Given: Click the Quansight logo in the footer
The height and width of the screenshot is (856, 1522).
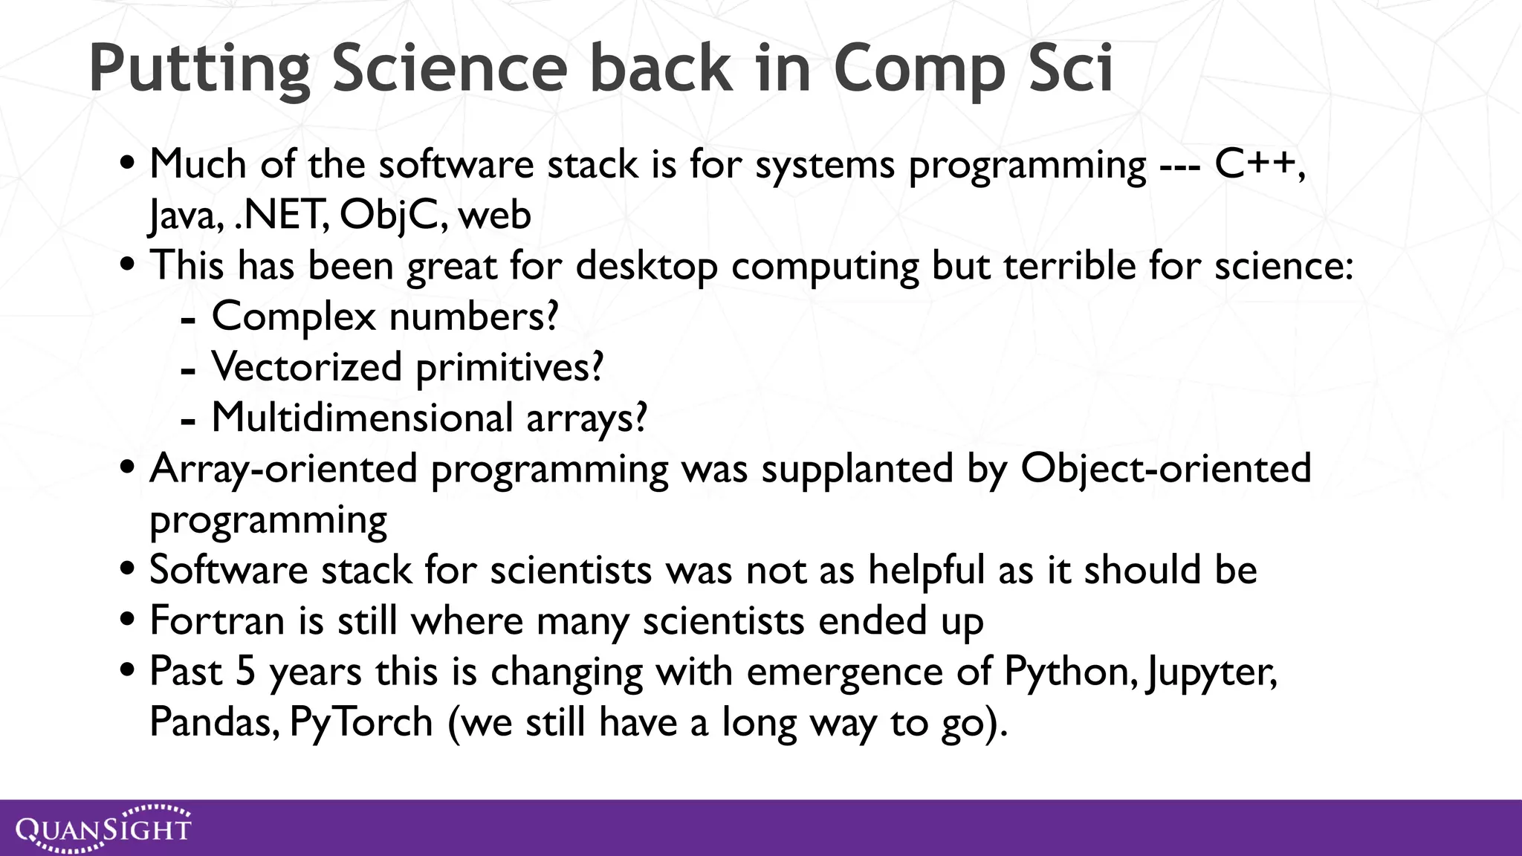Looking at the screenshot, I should (x=103, y=828).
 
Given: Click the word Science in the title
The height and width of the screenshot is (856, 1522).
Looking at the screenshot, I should (x=449, y=68).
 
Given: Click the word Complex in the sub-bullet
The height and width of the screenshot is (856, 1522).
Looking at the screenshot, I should (x=294, y=317).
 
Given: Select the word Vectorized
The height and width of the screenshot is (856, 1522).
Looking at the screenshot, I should (x=306, y=367).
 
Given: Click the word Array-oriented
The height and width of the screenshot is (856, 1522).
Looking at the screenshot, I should (x=283, y=470).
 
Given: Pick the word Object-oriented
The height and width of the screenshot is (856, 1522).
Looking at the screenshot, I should (x=1165, y=468).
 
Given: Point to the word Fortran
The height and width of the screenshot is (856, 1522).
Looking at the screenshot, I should (x=217, y=620).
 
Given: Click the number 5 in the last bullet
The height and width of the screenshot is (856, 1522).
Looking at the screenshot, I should (x=246, y=671).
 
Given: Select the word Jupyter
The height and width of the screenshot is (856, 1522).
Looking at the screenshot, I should (x=1211, y=672).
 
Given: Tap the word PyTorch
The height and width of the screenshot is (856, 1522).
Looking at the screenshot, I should (x=361, y=722).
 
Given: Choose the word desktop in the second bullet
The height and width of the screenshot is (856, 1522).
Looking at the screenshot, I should (x=647, y=267).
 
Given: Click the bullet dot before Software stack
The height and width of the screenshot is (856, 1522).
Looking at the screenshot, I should (x=127, y=569).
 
